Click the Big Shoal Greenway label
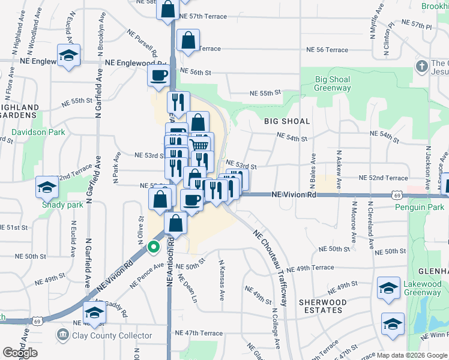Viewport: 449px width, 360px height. (x=333, y=83)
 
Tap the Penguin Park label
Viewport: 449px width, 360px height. (x=421, y=208)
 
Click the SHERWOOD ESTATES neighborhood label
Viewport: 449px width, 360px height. (x=323, y=306)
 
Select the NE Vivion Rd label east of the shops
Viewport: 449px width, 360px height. (x=294, y=195)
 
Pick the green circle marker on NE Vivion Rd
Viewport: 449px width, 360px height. (x=154, y=246)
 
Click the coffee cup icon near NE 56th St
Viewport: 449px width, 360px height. (x=159, y=76)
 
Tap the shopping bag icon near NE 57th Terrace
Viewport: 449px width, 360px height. (x=168, y=10)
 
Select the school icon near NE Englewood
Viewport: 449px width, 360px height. (x=69, y=56)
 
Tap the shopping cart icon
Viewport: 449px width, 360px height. (x=202, y=143)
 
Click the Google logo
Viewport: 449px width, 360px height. (x=20, y=353)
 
